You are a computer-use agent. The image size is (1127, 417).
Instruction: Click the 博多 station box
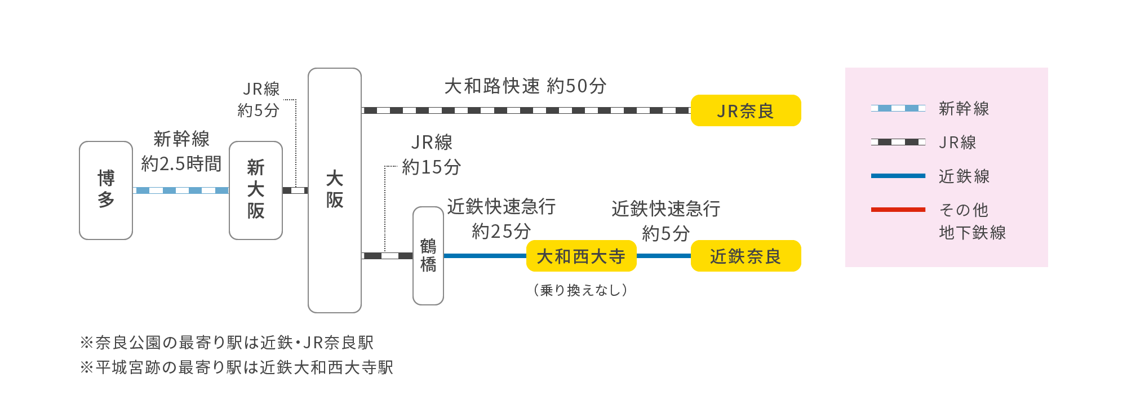(106, 190)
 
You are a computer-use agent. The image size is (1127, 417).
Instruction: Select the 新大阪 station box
(256, 190)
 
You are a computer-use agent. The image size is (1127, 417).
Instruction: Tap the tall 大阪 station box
(335, 190)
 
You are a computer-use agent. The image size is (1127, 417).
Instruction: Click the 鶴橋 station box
(428, 256)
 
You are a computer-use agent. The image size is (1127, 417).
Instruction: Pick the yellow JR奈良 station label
(746, 110)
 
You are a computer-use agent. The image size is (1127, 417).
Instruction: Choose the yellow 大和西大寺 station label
(581, 256)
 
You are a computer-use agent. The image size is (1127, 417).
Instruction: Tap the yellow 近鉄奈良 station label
(746, 256)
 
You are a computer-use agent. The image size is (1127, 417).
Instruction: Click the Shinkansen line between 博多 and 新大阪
(181, 190)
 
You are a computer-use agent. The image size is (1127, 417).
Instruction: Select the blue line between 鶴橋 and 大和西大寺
(485, 256)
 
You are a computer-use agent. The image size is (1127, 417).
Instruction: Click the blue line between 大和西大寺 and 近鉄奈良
(663, 256)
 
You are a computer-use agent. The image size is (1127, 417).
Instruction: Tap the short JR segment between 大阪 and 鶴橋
(387, 256)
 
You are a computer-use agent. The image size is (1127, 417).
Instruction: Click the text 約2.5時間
(181, 164)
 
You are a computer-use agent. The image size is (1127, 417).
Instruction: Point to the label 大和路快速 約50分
(525, 86)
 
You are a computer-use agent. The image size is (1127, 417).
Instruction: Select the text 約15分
(431, 167)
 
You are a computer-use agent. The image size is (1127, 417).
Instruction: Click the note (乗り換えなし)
(580, 290)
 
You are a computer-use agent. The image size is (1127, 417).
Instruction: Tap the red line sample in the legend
(898, 210)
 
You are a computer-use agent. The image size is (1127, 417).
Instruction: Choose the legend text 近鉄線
(964, 176)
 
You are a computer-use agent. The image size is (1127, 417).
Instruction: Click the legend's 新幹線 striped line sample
(898, 108)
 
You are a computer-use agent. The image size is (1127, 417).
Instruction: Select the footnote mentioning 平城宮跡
(237, 367)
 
